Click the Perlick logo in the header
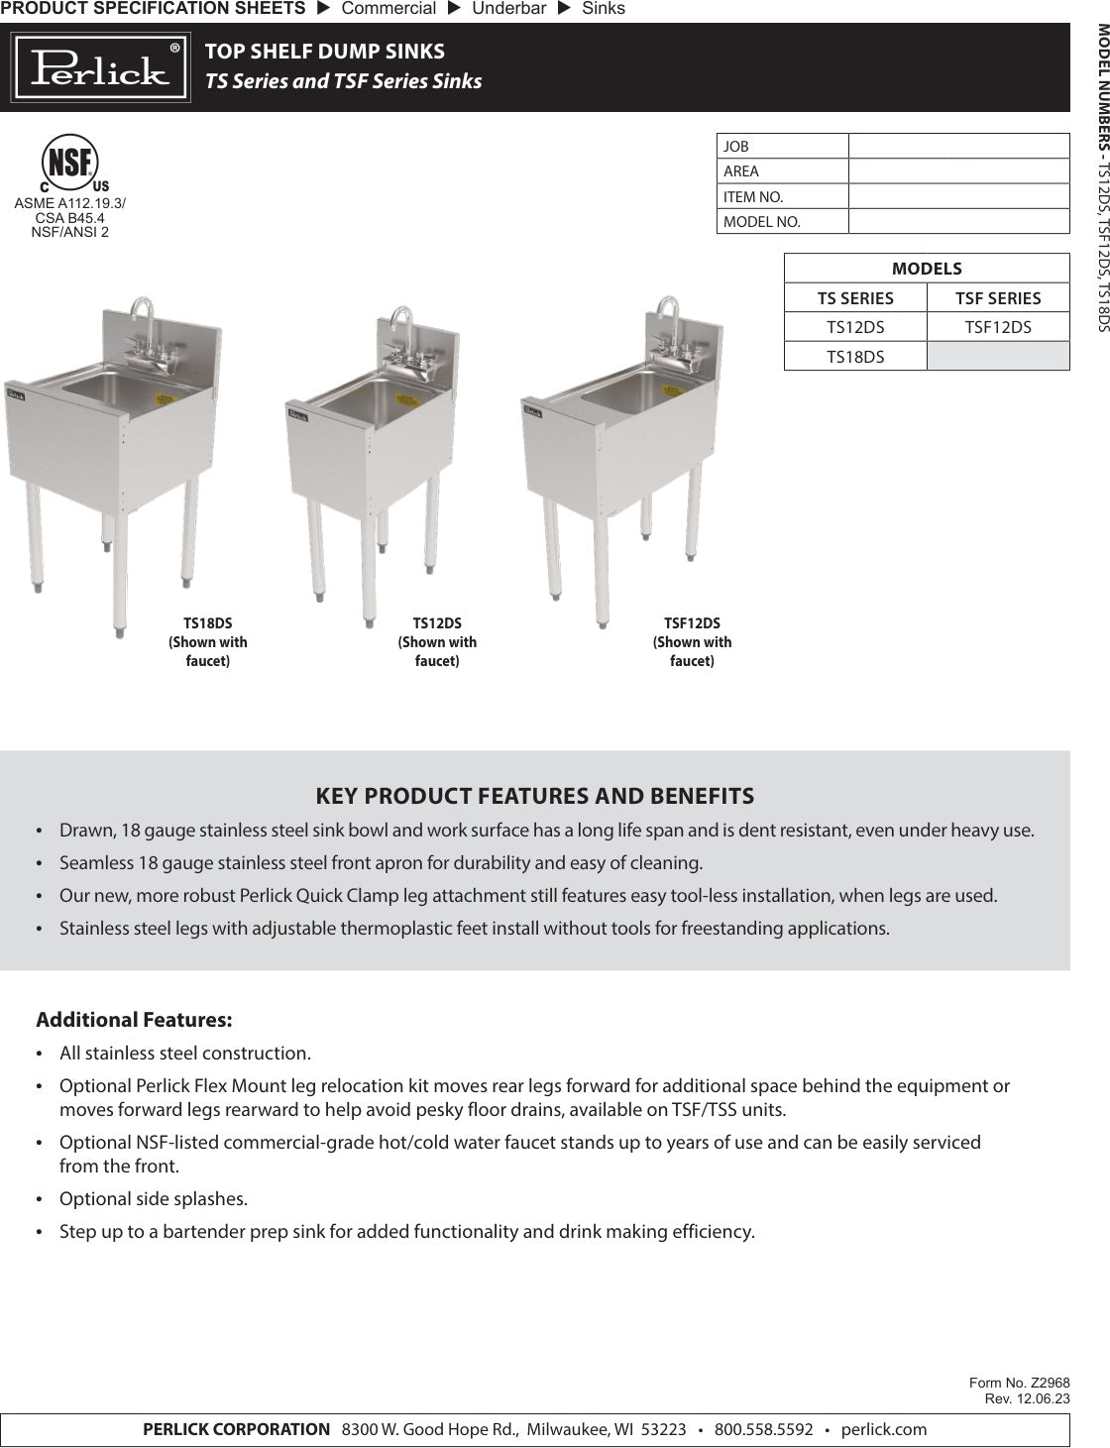100,67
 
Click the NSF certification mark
70,162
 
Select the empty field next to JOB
958,146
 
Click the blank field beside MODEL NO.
958,221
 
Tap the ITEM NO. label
753,196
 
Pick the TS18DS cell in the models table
855,356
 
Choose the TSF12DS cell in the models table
998,327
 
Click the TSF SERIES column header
998,298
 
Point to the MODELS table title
927,269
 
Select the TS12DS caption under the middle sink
437,623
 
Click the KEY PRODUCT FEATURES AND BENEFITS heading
534,796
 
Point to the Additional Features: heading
134,1020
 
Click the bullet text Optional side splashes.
154,1199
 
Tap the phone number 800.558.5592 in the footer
763,1429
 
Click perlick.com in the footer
884,1429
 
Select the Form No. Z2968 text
1019,1383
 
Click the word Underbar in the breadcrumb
508,9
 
